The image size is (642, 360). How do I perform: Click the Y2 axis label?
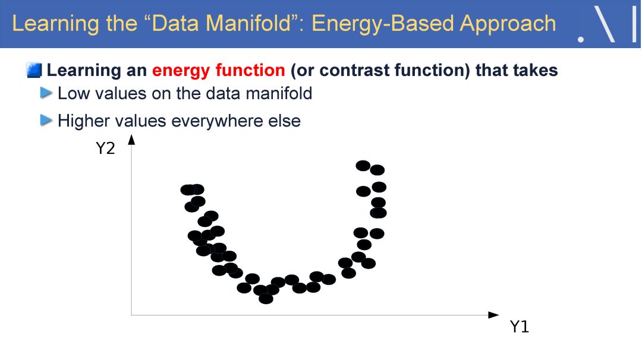coord(105,148)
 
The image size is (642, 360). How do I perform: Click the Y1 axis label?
coord(519,327)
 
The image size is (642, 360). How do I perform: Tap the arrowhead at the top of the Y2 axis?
coord(131,140)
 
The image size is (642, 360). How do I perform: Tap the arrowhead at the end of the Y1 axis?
coord(494,315)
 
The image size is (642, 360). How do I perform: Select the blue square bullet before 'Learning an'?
coord(34,70)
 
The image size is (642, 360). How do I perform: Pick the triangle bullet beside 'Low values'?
coord(46,93)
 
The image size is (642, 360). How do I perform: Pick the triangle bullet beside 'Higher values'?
coord(46,121)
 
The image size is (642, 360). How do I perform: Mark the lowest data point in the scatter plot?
coord(266,299)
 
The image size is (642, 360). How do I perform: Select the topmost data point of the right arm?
coord(363,166)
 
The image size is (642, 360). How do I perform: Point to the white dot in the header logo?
coord(581,40)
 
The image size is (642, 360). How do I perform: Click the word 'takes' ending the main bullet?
coord(537,70)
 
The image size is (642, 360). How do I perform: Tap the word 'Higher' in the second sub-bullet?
coord(83,121)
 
